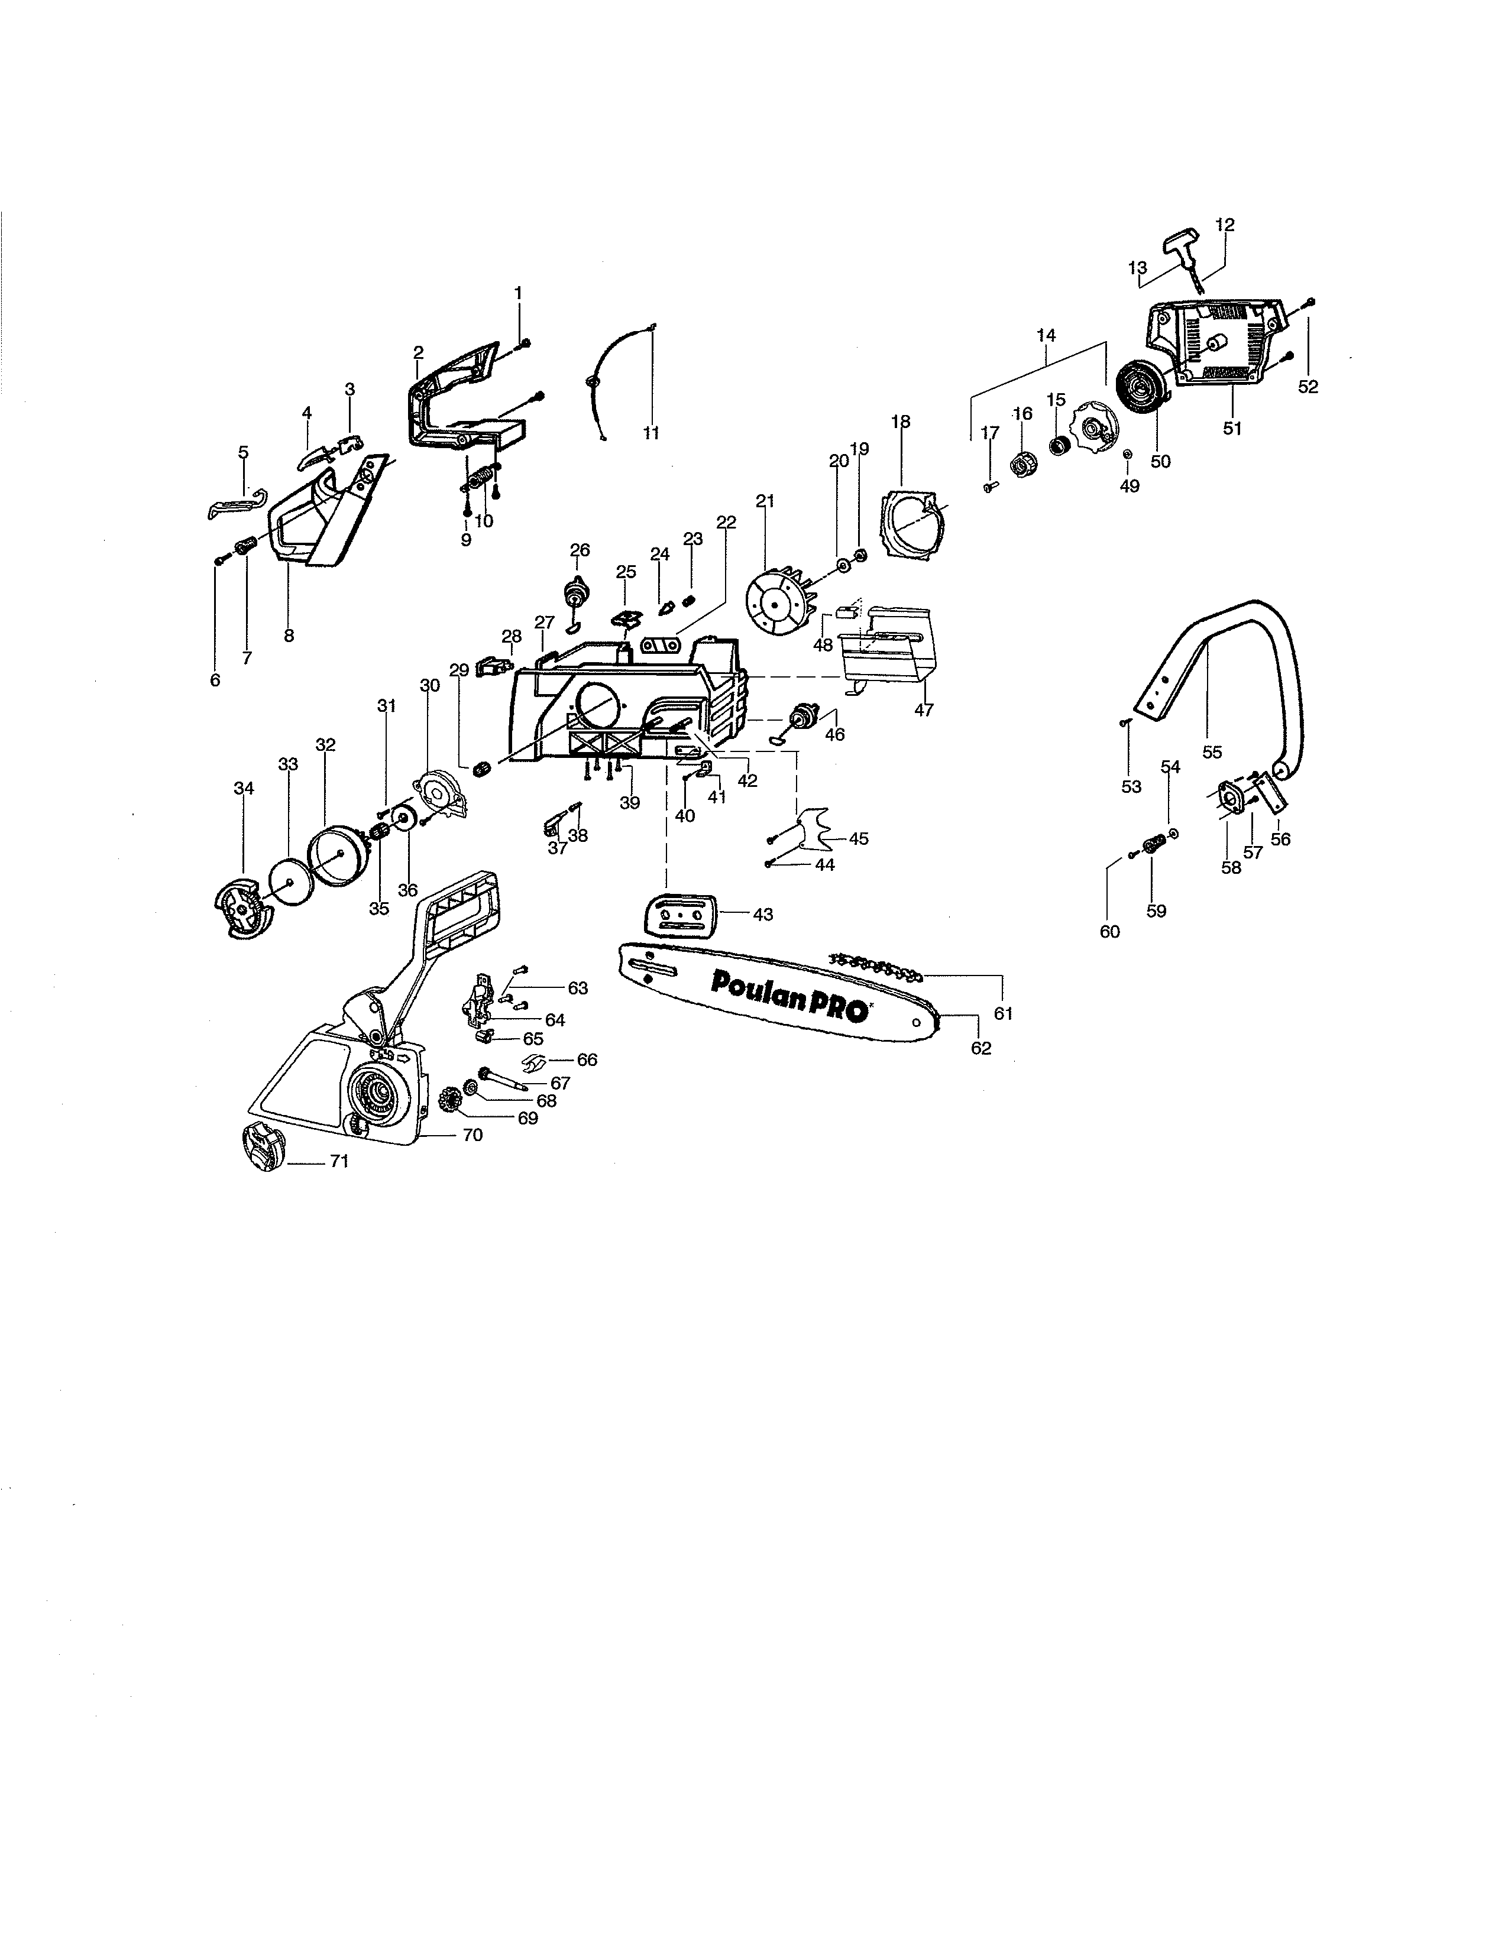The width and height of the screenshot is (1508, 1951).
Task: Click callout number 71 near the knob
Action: (339, 1161)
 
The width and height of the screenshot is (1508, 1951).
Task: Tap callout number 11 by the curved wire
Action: (651, 433)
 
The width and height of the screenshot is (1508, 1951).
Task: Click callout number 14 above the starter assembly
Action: (1046, 336)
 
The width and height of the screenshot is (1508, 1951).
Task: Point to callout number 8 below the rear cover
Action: (289, 636)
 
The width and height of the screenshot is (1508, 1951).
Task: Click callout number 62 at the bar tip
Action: (981, 1048)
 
